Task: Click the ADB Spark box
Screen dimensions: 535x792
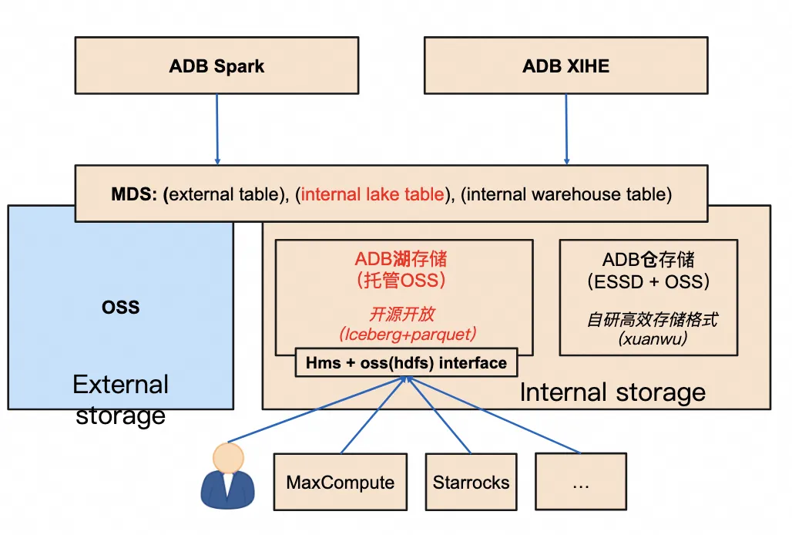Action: pos(216,66)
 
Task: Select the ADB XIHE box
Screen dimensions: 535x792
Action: pos(565,66)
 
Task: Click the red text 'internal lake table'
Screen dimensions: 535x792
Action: pos(373,194)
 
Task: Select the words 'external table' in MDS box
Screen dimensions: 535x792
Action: pos(223,194)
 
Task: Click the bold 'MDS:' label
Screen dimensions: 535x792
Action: pos(136,194)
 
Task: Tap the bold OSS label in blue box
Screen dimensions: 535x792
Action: pos(121,307)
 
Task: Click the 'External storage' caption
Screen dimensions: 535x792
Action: pos(120,399)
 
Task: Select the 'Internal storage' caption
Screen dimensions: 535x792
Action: pos(612,392)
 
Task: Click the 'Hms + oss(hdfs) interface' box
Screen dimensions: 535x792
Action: pos(406,363)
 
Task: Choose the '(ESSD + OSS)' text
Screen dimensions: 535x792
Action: pos(648,281)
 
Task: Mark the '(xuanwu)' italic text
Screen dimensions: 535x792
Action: pos(648,338)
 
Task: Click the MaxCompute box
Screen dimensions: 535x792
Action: pos(340,483)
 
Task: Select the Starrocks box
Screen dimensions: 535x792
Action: pos(471,483)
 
